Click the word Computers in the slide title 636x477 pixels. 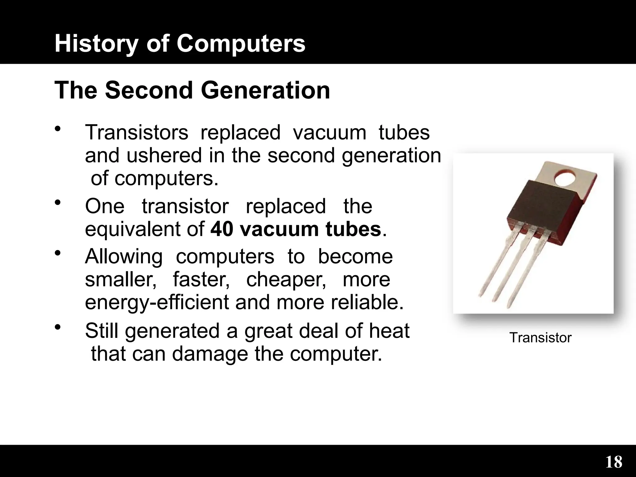click(x=241, y=44)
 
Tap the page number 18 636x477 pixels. click(x=614, y=462)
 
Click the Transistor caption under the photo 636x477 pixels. click(x=540, y=338)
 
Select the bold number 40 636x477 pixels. click(x=222, y=229)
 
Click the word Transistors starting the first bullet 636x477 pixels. click(x=137, y=132)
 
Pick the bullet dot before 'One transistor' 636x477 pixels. click(x=57, y=203)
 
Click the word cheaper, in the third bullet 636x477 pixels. click(x=286, y=279)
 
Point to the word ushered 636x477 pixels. click(x=164, y=155)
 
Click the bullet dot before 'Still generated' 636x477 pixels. click(x=57, y=327)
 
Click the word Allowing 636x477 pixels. click(x=124, y=257)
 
